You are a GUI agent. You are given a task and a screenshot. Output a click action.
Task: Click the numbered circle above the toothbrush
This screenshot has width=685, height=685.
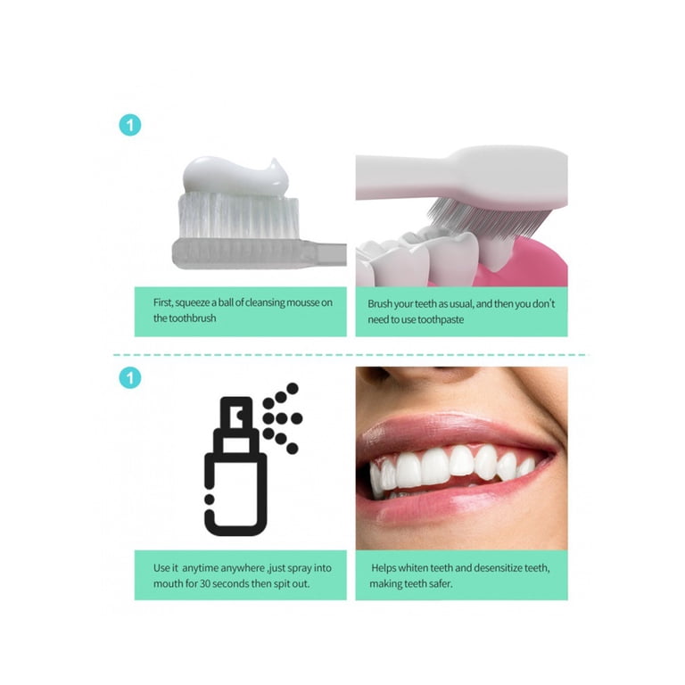click(130, 126)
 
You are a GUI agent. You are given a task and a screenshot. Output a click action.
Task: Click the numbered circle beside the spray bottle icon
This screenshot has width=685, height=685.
click(130, 378)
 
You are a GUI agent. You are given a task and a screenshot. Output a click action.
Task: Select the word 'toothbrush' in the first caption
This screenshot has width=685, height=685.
click(193, 318)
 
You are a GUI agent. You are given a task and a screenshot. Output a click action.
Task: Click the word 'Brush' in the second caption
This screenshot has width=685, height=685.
click(380, 303)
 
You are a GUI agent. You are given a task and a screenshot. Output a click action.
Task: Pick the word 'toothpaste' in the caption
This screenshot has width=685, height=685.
click(441, 320)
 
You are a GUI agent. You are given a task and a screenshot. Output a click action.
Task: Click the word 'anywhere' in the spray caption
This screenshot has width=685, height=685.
click(243, 568)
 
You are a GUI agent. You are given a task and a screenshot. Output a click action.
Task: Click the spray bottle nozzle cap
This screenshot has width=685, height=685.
click(236, 412)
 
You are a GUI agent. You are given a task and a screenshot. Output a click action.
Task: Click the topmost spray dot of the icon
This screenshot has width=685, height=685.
click(293, 388)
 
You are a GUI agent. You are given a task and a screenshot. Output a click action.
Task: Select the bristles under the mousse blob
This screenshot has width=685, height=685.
click(238, 216)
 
